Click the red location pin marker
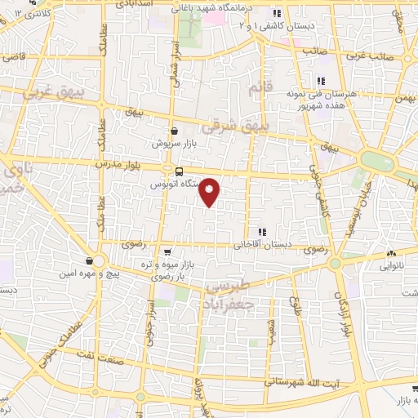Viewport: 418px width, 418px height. pos(210,191)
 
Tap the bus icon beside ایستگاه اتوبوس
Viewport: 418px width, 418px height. pos(179,171)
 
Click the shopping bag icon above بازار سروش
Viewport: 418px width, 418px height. pos(174,131)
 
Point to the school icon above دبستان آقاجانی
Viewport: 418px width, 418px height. pos(261,232)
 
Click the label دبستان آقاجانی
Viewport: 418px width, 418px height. pos(259,244)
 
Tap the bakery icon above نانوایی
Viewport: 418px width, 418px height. pos(392,254)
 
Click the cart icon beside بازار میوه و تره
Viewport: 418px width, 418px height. pos(167,251)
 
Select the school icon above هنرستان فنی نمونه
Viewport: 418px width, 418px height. pos(320,80)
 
